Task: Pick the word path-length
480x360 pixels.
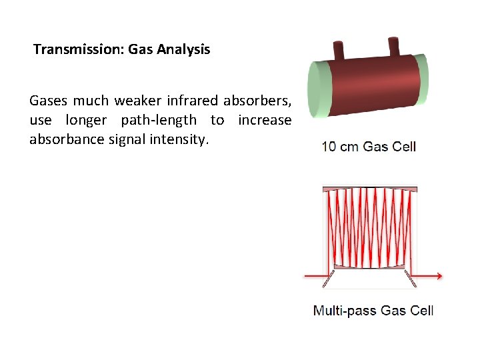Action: [x=159, y=121]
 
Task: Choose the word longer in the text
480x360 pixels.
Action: [x=89, y=121]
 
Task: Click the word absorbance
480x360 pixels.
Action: [x=62, y=140]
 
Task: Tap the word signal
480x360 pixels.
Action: [x=124, y=140]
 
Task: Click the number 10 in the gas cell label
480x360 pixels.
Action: [x=329, y=147]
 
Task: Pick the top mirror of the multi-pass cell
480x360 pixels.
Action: [x=370, y=189]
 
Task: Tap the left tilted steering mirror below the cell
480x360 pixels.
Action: [x=328, y=279]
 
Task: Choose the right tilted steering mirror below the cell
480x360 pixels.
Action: [x=411, y=279]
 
